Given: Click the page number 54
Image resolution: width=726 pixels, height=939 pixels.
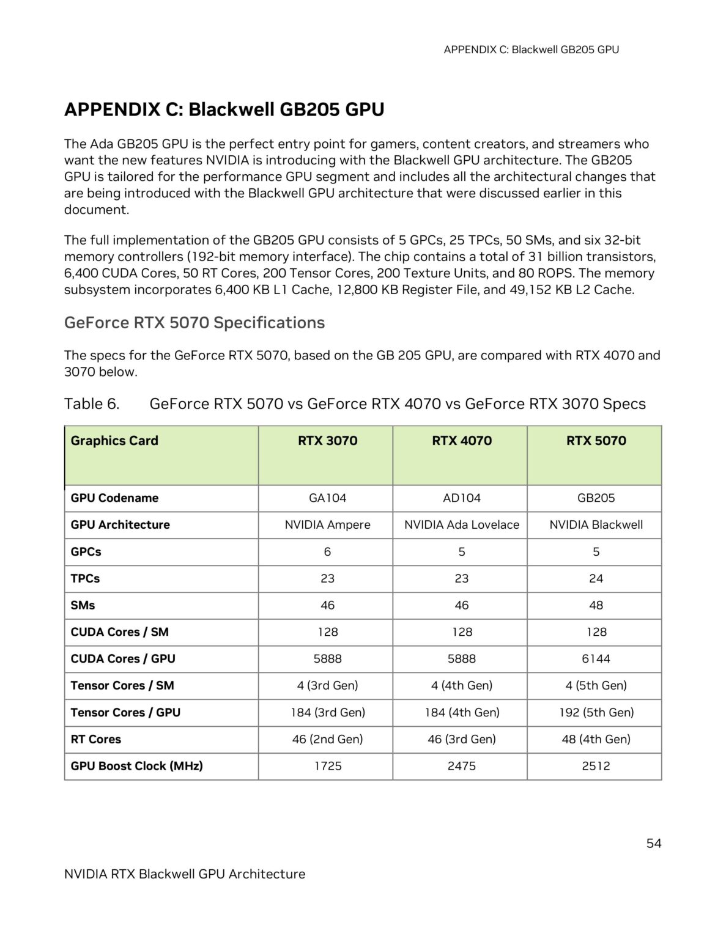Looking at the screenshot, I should (x=653, y=844).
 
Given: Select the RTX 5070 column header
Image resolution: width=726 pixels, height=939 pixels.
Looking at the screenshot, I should (x=596, y=441).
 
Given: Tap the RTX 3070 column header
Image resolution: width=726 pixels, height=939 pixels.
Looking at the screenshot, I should (x=327, y=441).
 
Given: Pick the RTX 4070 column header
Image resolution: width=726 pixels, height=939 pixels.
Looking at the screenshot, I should (x=462, y=441).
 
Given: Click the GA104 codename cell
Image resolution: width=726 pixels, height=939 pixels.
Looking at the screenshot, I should (x=327, y=498).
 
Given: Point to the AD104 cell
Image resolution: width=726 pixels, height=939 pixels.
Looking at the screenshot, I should (x=462, y=498).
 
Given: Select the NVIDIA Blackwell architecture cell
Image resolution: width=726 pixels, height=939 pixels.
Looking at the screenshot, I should (x=596, y=525).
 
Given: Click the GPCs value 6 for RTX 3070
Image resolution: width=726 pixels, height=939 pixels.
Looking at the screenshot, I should (x=327, y=552).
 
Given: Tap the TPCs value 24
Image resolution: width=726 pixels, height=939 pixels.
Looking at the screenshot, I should (x=596, y=578).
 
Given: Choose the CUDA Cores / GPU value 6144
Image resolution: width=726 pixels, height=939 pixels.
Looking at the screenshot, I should (x=596, y=659).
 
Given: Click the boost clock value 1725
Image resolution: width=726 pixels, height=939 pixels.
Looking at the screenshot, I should (x=327, y=766).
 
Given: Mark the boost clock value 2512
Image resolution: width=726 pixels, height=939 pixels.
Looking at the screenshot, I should (x=596, y=766).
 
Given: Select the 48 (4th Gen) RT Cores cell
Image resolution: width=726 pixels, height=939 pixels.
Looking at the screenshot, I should (x=596, y=739).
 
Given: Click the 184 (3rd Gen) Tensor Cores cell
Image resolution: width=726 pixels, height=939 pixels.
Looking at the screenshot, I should (x=327, y=712).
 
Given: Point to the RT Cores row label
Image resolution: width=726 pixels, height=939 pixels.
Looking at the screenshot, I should (x=96, y=739).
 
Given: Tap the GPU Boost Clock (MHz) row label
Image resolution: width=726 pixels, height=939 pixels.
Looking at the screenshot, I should (x=137, y=766).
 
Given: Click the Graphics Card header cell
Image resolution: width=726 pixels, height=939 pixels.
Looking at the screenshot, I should (x=114, y=441).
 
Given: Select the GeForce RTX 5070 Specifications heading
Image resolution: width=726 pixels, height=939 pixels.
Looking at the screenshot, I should (x=194, y=322).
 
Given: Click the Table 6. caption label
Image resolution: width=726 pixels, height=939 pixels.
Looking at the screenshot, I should (x=92, y=404).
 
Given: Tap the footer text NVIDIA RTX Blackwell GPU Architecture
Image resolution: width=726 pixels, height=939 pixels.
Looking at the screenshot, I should (x=185, y=874).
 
